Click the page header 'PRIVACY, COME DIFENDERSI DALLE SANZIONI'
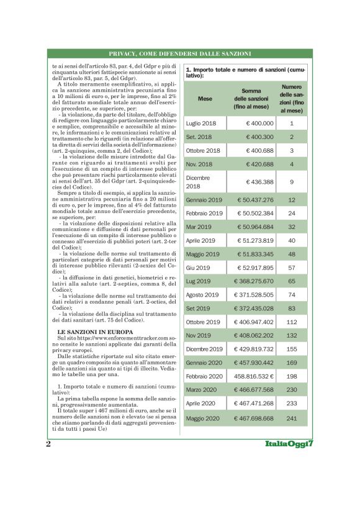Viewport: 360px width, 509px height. coord(179,53)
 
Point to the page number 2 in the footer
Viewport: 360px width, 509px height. coord(48,444)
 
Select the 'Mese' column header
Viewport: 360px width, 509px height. coord(204,99)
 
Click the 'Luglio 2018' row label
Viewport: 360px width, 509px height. coord(200,124)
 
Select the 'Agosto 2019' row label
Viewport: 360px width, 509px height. coord(202,295)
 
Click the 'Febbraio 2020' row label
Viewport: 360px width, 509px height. coord(204,376)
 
